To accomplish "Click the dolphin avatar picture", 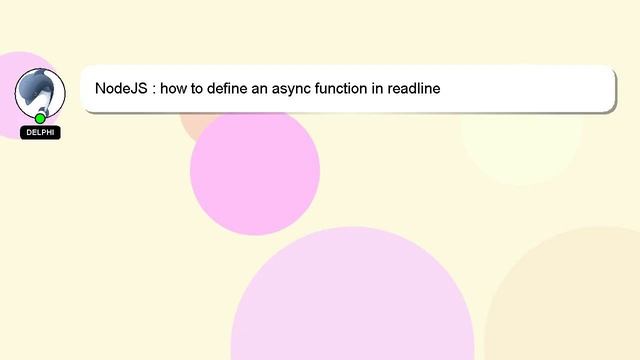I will [40, 91].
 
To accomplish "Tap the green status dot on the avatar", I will [40, 118].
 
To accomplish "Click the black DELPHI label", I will [40, 132].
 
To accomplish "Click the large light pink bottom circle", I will [352, 305].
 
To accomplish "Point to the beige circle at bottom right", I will [575, 300].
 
